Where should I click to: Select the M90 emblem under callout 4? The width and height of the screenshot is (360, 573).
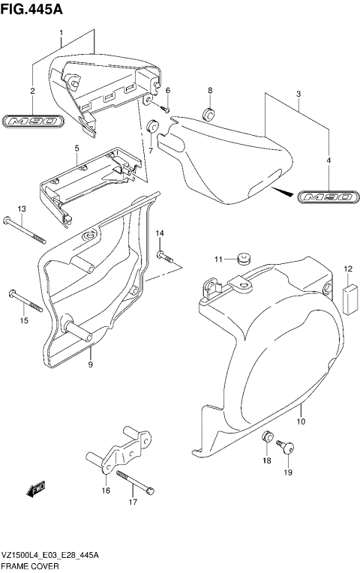tap(326, 197)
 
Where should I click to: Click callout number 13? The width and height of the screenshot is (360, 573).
tap(22, 208)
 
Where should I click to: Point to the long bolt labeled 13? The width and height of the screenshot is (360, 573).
tap(25, 229)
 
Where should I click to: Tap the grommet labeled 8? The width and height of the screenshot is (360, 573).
tap(209, 114)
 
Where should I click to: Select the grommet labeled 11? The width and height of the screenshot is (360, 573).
tap(242, 259)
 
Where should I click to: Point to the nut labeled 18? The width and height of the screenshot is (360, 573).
tap(266, 436)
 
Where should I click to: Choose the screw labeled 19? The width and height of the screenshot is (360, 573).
tap(286, 448)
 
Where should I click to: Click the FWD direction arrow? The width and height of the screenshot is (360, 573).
tap(36, 491)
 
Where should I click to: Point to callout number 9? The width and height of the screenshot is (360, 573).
tap(90, 364)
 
